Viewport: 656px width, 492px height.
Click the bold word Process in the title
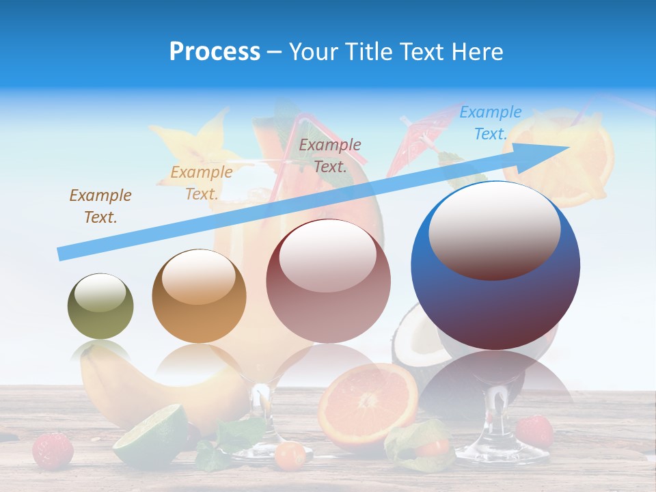[x=215, y=52]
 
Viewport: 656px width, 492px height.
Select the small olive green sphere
[x=100, y=307]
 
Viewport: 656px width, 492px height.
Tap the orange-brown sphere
[x=199, y=297]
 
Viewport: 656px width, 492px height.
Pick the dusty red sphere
[x=328, y=281]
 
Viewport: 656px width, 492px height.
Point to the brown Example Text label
[x=100, y=206]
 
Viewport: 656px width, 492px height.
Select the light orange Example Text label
[x=202, y=183]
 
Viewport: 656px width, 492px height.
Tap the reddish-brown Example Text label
[x=330, y=155]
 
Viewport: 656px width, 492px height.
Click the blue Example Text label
[x=491, y=123]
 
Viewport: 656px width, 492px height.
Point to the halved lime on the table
[x=150, y=435]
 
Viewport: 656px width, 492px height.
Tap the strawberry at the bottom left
[x=53, y=450]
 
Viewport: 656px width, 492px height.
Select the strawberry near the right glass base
[x=534, y=430]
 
